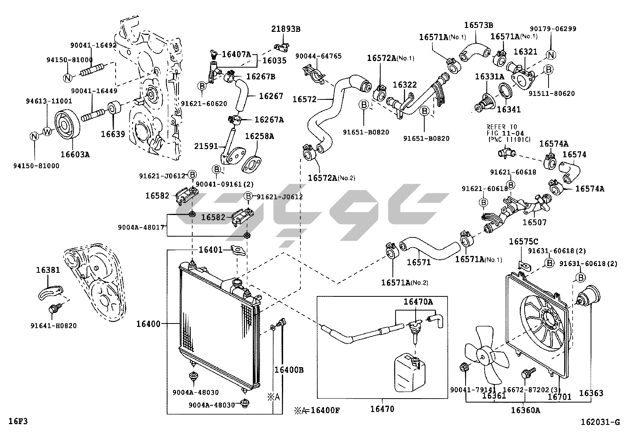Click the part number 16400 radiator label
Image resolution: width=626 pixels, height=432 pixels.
[148, 324]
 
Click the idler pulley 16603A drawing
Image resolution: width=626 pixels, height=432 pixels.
[66, 125]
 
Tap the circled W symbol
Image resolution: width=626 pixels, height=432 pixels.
[47, 131]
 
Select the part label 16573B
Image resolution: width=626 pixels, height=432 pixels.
[478, 25]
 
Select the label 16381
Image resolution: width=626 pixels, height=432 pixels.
[48, 270]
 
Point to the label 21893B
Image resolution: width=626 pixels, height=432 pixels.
[285, 29]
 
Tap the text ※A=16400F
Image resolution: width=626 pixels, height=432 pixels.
[317, 411]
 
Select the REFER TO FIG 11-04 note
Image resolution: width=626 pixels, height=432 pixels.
[508, 133]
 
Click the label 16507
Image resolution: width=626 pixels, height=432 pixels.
[534, 222]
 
